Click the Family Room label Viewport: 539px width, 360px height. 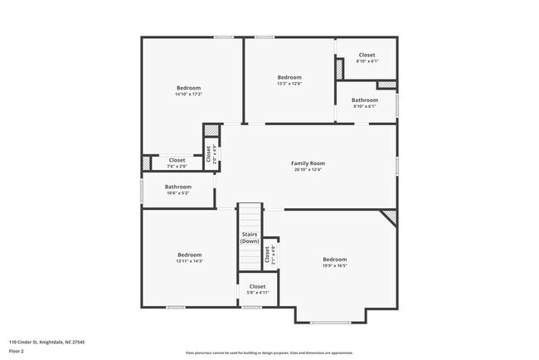coord(307,163)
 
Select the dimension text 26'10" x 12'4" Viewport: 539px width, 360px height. coord(307,170)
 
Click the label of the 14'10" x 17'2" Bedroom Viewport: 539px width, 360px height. coord(188,88)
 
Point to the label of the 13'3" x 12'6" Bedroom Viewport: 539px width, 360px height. coord(289,77)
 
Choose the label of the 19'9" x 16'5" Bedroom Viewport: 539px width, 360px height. coord(334,260)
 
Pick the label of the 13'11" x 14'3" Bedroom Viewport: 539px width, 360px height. coord(189,255)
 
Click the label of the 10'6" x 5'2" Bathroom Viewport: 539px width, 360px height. coord(177,187)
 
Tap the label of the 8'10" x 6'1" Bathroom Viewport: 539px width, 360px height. coord(365,100)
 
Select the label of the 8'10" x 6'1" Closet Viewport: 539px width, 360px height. coord(367,55)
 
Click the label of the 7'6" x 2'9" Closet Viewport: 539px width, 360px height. coord(177,160)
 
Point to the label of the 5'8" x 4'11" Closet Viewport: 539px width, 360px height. coord(257,286)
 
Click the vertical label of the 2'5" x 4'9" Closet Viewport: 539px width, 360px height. coord(208,153)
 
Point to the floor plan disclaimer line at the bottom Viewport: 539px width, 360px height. coord(269,353)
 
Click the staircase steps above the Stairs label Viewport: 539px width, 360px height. coord(250,216)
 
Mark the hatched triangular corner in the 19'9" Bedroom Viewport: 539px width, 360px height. coord(390,216)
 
